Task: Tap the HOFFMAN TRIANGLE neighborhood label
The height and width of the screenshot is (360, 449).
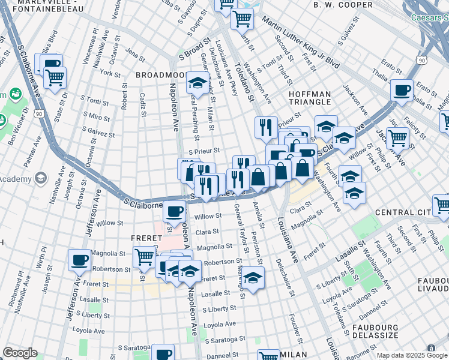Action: tap(310, 98)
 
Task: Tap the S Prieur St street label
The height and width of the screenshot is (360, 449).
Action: tap(204, 152)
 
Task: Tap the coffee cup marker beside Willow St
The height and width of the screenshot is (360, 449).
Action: tap(175, 211)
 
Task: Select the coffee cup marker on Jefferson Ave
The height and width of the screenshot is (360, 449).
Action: tap(79, 260)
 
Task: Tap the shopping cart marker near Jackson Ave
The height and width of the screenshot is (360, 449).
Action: tap(397, 137)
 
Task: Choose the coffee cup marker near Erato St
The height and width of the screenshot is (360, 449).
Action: tap(402, 91)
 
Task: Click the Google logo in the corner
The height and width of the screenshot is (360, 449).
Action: tap(20, 353)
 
